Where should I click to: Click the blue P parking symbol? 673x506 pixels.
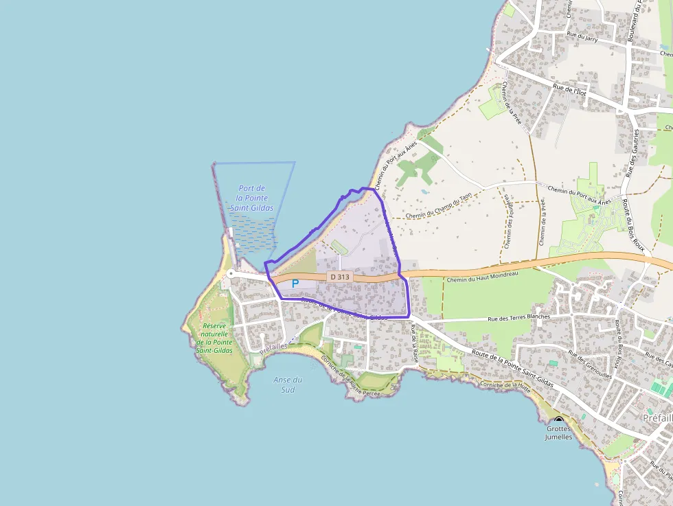295,283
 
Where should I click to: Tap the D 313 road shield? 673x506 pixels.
339,277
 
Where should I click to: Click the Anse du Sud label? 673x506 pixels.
288,384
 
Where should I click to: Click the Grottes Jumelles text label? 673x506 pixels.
558,433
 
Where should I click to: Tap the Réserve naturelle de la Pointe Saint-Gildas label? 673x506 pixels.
215,338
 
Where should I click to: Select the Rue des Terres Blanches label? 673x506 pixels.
518,317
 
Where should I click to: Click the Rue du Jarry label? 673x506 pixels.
582,38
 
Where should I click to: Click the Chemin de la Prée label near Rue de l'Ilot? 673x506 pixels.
511,103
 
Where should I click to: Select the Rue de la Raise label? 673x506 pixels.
415,343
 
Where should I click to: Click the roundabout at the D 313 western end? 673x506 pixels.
231,273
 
